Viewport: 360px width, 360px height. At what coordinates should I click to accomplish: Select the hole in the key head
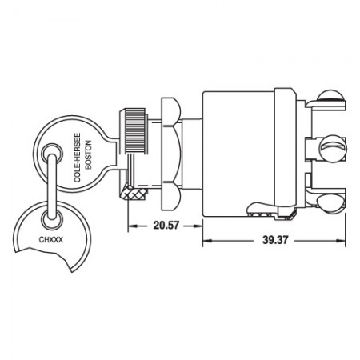pyautogui.click(x=53, y=150)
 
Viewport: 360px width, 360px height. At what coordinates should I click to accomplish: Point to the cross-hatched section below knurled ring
pyautogui.click(x=131, y=191)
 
